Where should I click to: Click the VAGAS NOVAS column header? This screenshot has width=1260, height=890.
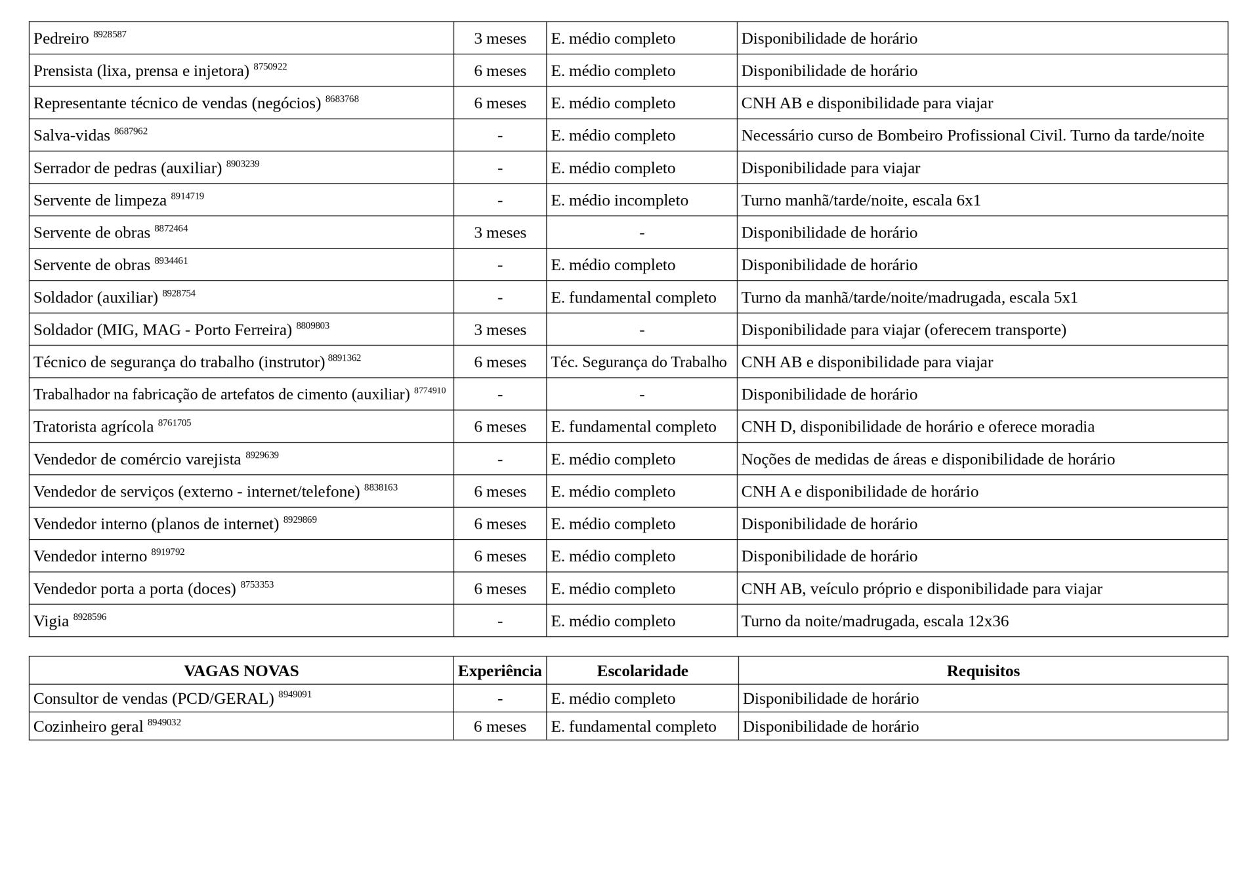241,671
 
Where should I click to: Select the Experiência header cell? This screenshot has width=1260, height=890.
499,671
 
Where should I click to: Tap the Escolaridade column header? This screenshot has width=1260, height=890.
642,671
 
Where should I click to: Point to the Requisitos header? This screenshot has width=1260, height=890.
982,671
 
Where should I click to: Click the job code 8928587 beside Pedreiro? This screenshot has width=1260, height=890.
110,34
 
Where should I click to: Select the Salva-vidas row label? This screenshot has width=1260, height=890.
72,136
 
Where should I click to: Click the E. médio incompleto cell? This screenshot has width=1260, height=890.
619,200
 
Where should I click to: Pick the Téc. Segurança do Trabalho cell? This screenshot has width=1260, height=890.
639,362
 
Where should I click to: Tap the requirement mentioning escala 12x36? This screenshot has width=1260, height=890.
874,621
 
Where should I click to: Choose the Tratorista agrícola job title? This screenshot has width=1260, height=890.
93,427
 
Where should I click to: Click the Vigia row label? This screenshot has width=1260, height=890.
51,621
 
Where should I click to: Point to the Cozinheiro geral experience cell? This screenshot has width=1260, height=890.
499,727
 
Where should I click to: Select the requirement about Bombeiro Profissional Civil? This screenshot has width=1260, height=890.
972,136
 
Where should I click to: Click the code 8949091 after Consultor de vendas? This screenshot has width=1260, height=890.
295,694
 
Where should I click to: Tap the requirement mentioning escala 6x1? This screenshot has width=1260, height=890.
860,200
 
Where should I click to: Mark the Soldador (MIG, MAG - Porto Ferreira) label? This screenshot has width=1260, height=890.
162,330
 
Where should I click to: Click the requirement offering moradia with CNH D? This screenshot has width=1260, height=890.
917,427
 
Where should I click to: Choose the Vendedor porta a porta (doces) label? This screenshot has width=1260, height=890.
135,589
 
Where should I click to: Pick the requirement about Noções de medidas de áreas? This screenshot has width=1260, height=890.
927,459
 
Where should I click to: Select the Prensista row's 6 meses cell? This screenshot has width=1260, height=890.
499,71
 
